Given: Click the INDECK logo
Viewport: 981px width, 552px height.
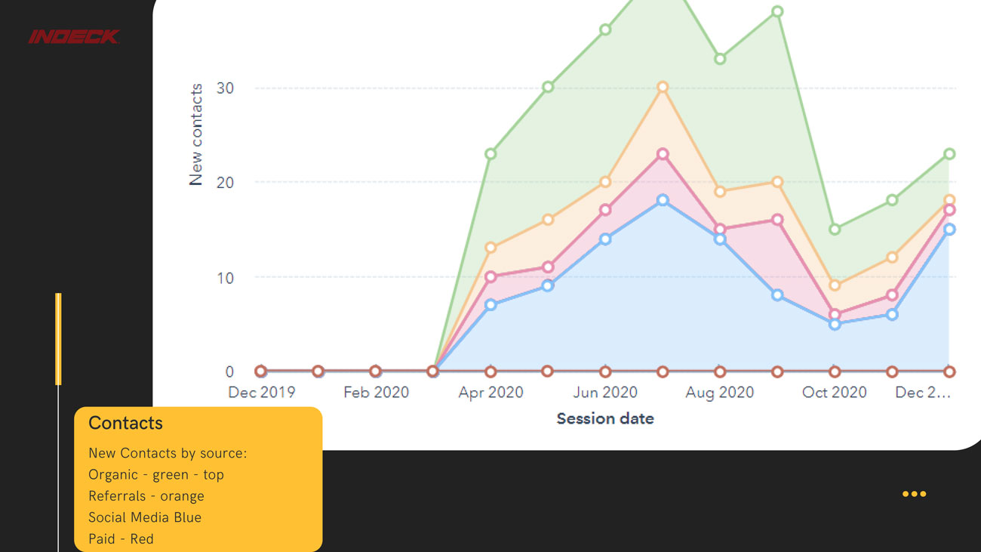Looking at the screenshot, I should [x=74, y=36].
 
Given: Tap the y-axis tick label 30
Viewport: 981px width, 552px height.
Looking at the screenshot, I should [x=224, y=88].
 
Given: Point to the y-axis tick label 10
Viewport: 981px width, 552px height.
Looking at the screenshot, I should [x=224, y=277].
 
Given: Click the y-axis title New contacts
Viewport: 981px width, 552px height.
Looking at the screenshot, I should [x=196, y=134].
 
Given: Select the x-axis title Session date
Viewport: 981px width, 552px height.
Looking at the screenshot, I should [x=605, y=418].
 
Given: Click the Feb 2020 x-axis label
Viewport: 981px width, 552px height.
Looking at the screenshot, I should [x=376, y=392].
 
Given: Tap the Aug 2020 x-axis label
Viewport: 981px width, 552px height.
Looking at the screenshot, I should [x=720, y=392].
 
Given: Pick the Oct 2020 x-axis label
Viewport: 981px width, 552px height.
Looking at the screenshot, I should [x=835, y=392].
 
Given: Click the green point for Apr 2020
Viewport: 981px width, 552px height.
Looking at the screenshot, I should [x=490, y=154].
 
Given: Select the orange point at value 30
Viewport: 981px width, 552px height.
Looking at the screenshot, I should [x=663, y=88].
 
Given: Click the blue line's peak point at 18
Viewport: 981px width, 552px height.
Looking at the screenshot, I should [x=663, y=200].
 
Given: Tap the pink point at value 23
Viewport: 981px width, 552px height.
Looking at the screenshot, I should [x=663, y=154].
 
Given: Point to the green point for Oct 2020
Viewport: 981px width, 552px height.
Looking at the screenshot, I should [x=835, y=230].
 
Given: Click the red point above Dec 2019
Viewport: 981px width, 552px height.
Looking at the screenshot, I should [x=261, y=372].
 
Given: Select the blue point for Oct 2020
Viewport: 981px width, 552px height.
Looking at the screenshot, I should [x=835, y=324].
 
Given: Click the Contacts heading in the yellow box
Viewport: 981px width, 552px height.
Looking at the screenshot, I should [x=125, y=423].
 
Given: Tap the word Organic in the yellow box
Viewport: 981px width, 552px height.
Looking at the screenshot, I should [x=113, y=475].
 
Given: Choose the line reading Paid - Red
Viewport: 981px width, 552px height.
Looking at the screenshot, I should [x=121, y=538].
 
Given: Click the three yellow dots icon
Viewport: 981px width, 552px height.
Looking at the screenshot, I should [x=914, y=494].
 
